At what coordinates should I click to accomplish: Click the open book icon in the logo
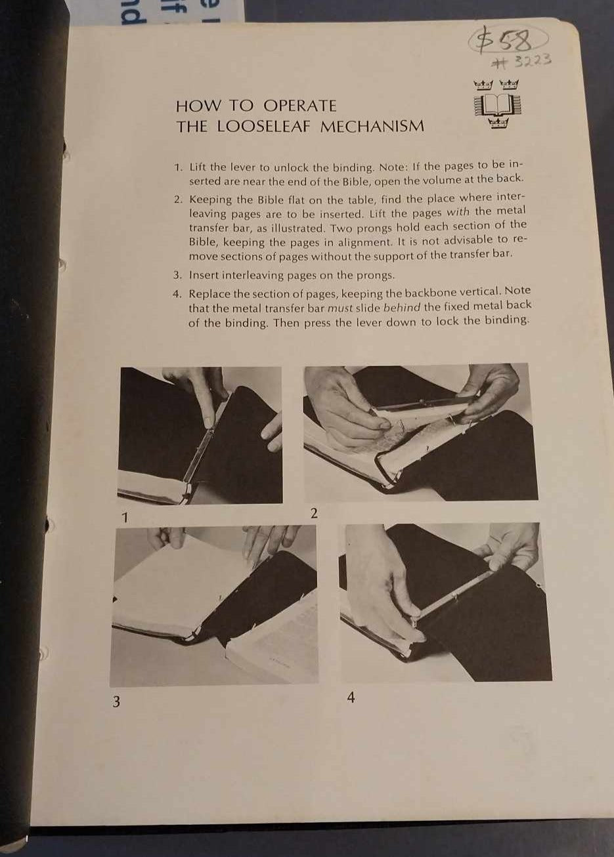497,105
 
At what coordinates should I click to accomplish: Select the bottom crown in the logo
498,123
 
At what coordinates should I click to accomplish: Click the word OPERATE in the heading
299,106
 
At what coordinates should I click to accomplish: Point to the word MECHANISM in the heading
372,126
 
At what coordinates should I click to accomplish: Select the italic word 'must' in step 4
340,308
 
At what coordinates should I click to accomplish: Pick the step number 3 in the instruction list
177,275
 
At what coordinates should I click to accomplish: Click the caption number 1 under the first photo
124,518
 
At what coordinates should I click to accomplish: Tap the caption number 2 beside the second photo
314,513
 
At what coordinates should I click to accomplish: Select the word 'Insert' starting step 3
204,275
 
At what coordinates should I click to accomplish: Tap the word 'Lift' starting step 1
198,167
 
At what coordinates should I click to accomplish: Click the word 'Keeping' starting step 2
210,199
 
